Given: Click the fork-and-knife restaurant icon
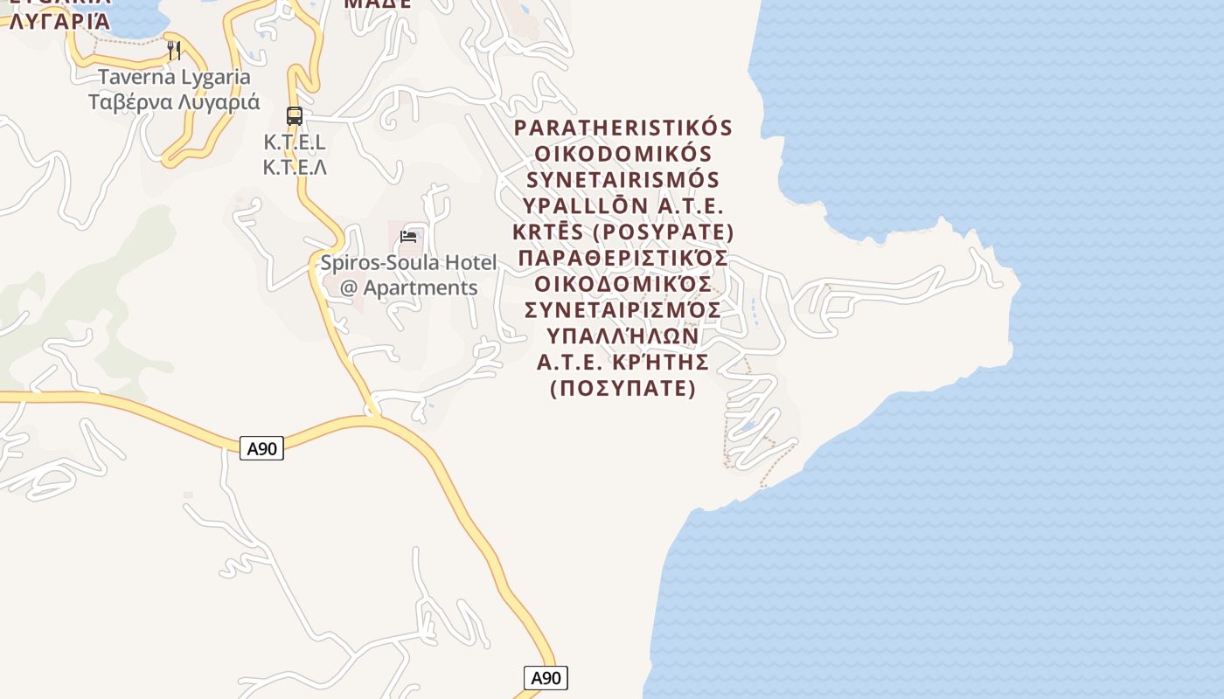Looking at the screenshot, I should tap(174, 50).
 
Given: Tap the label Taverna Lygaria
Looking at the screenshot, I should tap(174, 77).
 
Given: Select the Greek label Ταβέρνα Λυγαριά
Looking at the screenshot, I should tap(174, 101).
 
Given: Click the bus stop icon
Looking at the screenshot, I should tap(295, 115).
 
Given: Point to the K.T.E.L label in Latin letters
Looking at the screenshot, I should tap(295, 142).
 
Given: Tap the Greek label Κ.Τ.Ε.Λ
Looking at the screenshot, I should tap(295, 166).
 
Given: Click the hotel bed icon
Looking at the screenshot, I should tap(408, 236).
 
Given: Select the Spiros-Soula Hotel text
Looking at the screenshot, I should tap(408, 262).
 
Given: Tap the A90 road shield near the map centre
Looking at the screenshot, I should tap(262, 449).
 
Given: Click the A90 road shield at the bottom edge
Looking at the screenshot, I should tap(546, 678).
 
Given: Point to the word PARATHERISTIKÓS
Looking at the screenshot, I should tap(622, 128).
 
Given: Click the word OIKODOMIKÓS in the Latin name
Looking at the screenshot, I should tap(622, 154).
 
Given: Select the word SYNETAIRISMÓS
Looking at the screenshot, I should tap(622, 180).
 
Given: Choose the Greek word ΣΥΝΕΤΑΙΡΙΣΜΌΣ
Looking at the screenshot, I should tap(622, 310).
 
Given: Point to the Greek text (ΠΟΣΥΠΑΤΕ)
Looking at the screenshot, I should tap(622, 388).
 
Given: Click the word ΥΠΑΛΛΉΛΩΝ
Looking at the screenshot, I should tap(622, 336).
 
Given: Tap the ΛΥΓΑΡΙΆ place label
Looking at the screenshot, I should tap(59, 21).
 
